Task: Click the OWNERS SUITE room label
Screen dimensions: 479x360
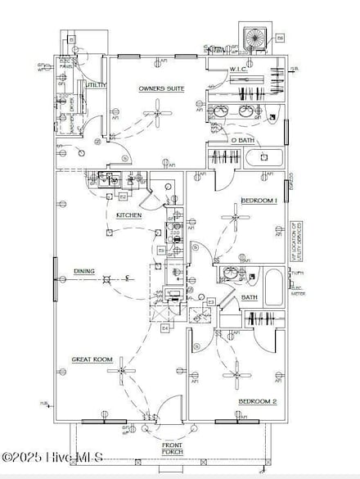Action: [160, 88]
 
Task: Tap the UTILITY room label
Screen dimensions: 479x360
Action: [96, 84]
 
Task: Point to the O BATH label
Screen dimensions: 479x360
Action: [242, 141]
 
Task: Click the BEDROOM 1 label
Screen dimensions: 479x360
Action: [259, 201]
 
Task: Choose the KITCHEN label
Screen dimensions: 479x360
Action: [129, 215]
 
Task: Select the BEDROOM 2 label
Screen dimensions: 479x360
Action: [259, 401]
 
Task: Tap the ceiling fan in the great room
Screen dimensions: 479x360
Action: [124, 371]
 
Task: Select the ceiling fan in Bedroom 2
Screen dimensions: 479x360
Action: [236, 373]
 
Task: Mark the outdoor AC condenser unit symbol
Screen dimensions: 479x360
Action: [255, 37]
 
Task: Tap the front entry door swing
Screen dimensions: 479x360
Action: [169, 409]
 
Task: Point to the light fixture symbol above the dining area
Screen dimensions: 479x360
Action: [105, 281]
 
